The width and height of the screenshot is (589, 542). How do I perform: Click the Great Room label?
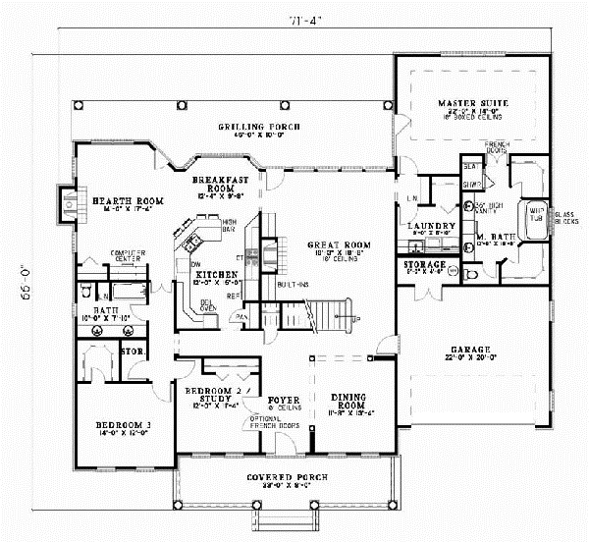(x=336, y=244)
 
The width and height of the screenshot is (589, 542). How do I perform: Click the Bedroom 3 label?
(x=122, y=425)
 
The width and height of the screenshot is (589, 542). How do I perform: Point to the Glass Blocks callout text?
(x=565, y=218)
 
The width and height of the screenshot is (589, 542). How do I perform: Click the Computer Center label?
(x=128, y=256)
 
